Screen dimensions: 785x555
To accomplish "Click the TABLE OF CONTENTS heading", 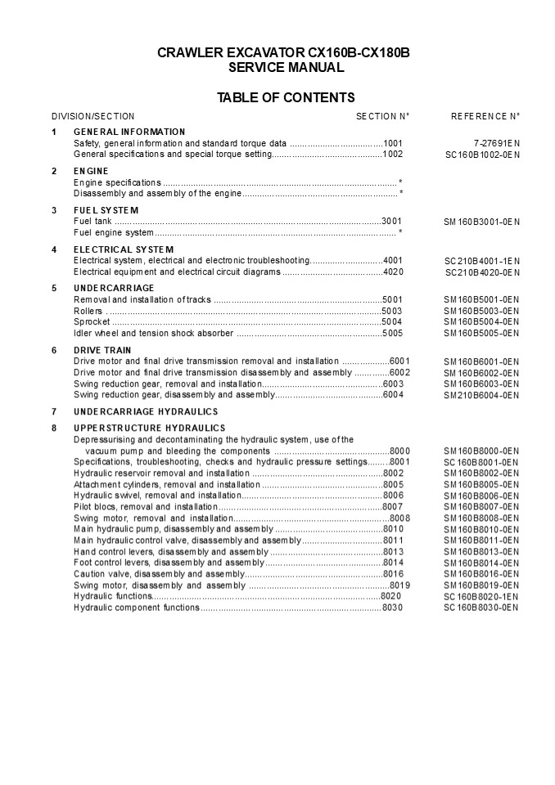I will [x=285, y=98].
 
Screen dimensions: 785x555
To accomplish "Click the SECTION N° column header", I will [x=382, y=117].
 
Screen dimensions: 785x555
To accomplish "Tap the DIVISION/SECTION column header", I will [x=92, y=117].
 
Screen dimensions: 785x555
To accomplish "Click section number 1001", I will [x=393, y=143].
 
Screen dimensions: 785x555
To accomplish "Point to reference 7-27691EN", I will [x=496, y=143].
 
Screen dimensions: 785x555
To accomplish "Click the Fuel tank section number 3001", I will [x=392, y=222].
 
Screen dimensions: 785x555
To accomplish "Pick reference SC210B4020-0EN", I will [x=482, y=272].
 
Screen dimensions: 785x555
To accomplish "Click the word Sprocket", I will [x=92, y=322].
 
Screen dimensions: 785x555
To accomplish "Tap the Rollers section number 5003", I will [x=392, y=311].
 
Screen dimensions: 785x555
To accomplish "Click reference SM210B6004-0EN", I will [x=481, y=395].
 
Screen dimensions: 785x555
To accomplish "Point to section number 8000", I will [x=400, y=451].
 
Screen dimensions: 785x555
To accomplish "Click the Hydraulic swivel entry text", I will [x=156, y=496].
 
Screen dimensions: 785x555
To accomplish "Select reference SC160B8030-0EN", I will [x=481, y=608].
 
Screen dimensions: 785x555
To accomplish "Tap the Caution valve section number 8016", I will [x=393, y=574].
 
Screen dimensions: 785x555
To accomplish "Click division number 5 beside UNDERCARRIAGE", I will [x=54, y=288].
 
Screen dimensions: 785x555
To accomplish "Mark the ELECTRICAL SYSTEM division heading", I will [x=124, y=249].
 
